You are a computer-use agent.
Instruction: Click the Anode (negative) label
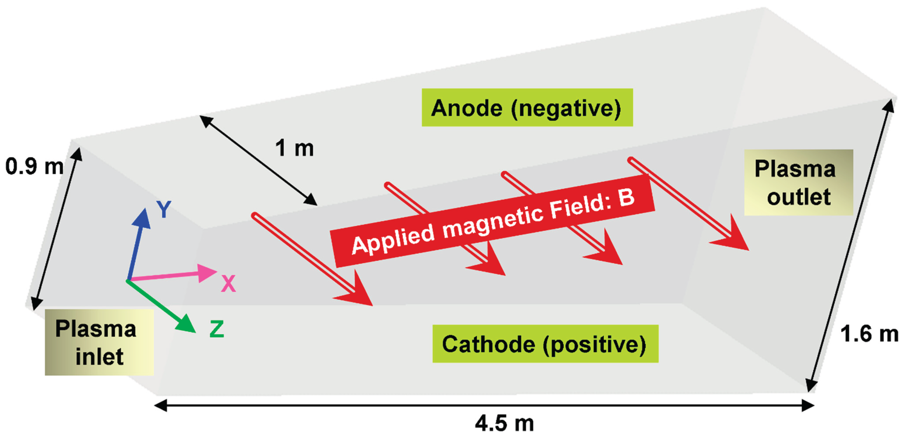(527, 108)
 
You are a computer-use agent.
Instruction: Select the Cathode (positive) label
(545, 344)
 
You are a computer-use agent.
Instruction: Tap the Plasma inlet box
(99, 342)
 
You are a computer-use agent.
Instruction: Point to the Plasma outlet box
(798, 182)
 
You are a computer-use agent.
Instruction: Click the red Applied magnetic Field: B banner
(492, 221)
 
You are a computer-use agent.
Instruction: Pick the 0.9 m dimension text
(34, 166)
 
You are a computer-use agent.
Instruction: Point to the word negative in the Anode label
(566, 108)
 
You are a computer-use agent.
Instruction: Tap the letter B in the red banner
(626, 198)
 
